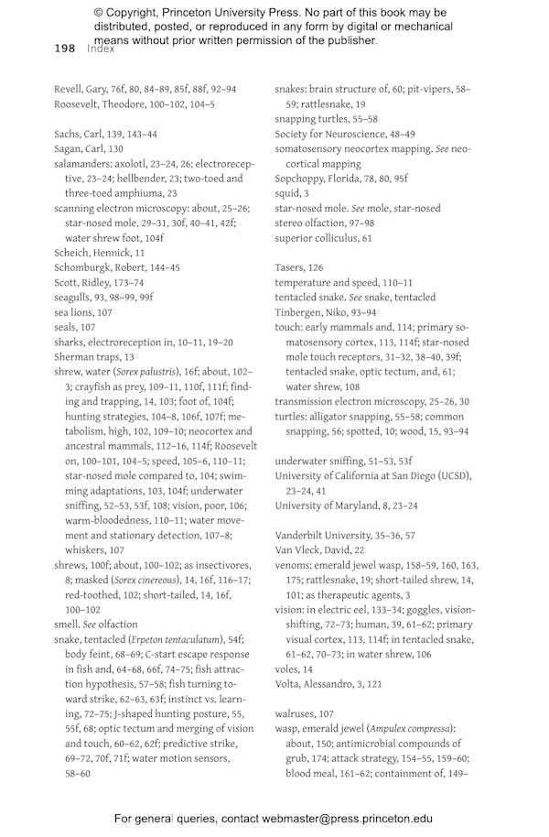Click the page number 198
coord(64,48)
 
